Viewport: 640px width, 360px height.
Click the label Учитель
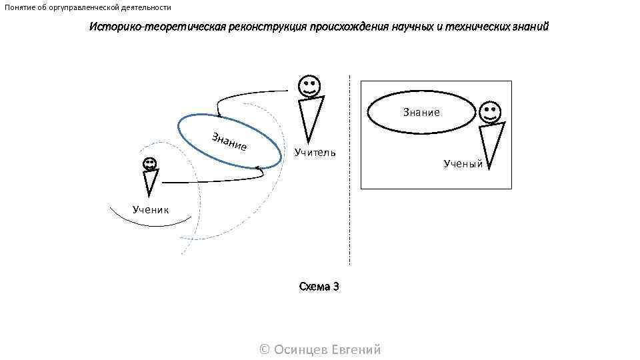tap(315, 153)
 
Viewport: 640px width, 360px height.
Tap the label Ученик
tap(151, 209)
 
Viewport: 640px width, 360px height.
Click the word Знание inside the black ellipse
tap(421, 113)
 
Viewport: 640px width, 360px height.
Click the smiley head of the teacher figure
tap(309, 86)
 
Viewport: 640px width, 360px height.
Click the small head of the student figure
tap(149, 163)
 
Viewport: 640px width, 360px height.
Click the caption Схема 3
tap(319, 287)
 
